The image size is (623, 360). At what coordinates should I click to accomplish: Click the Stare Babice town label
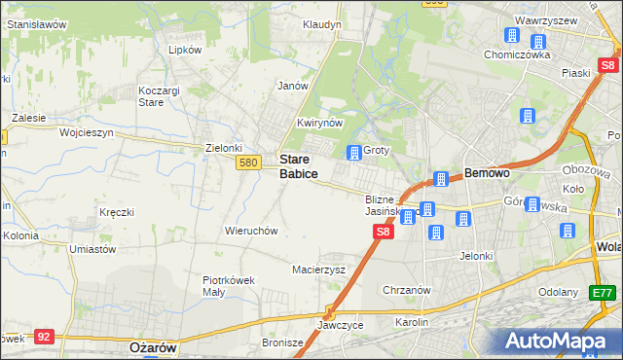[298, 165]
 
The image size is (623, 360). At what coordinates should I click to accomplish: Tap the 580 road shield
[247, 162]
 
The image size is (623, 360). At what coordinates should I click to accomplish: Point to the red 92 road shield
[43, 336]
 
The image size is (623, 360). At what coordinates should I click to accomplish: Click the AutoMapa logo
[558, 341]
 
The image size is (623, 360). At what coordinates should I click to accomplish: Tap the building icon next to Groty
[353, 152]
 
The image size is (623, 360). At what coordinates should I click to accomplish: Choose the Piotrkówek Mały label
[228, 285]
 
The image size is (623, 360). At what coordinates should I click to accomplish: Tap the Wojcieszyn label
[87, 132]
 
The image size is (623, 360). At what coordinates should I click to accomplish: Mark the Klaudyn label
[322, 24]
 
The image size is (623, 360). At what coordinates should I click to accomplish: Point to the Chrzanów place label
[407, 290]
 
